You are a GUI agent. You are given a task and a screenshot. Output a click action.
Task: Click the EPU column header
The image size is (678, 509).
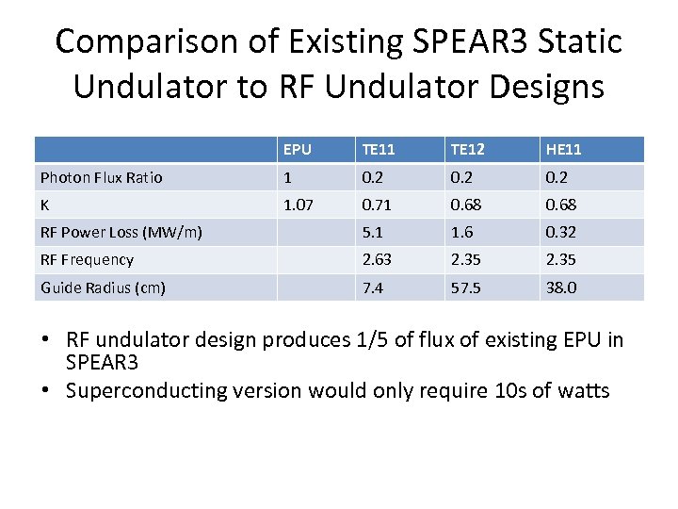pyautogui.click(x=298, y=150)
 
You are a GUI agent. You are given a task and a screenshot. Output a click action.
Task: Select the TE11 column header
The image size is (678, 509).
pyautogui.click(x=379, y=150)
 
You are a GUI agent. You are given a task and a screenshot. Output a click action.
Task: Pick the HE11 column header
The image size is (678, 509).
pyautogui.click(x=563, y=150)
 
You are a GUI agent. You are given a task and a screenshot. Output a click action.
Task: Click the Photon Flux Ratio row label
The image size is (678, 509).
pyautogui.click(x=101, y=177)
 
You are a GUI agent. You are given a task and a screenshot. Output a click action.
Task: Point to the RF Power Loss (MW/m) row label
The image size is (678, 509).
pyautogui.click(x=121, y=232)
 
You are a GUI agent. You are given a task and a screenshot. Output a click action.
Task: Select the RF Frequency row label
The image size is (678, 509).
pyautogui.click(x=87, y=259)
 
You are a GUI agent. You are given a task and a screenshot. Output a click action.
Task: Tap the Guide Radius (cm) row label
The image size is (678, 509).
pyautogui.click(x=103, y=287)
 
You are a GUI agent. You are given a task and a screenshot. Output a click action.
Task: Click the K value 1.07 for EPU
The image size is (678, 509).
pyautogui.click(x=299, y=205)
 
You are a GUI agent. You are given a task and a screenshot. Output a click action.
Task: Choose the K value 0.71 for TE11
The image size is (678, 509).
pyautogui.click(x=376, y=205)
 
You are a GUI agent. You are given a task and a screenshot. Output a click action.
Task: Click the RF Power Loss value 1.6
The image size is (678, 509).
pyautogui.click(x=461, y=232)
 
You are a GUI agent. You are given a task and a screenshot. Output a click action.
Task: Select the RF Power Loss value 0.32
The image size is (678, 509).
pyautogui.click(x=560, y=232)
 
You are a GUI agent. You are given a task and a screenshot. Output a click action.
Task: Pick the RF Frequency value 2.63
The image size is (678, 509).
pyautogui.click(x=376, y=259)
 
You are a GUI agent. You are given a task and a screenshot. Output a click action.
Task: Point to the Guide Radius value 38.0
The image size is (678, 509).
pyautogui.click(x=561, y=287)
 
